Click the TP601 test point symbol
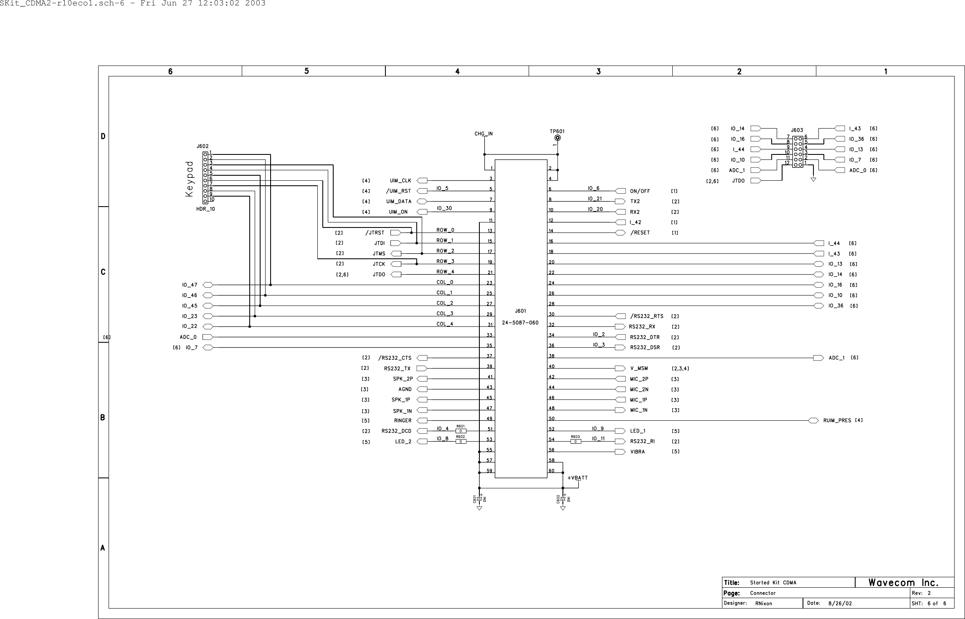pos(557,138)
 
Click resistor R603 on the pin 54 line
pos(575,441)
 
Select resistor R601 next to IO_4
pos(461,430)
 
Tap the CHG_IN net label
pos(484,134)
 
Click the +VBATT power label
pos(577,478)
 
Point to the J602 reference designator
pos(203,147)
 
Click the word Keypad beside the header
pos(190,179)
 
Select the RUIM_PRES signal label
pos(837,420)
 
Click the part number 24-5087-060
pos(520,323)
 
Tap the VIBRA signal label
pos(637,452)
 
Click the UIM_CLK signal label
pos(400,181)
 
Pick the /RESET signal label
pos(640,233)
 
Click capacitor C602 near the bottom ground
pos(562,499)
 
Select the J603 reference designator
pos(797,130)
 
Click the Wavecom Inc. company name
pos(903,583)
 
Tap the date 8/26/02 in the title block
pos(840,604)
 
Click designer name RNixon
pos(764,604)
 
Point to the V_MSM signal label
pos(639,369)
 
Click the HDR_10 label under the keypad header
pos(205,209)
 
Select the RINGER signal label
pos(403,421)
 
